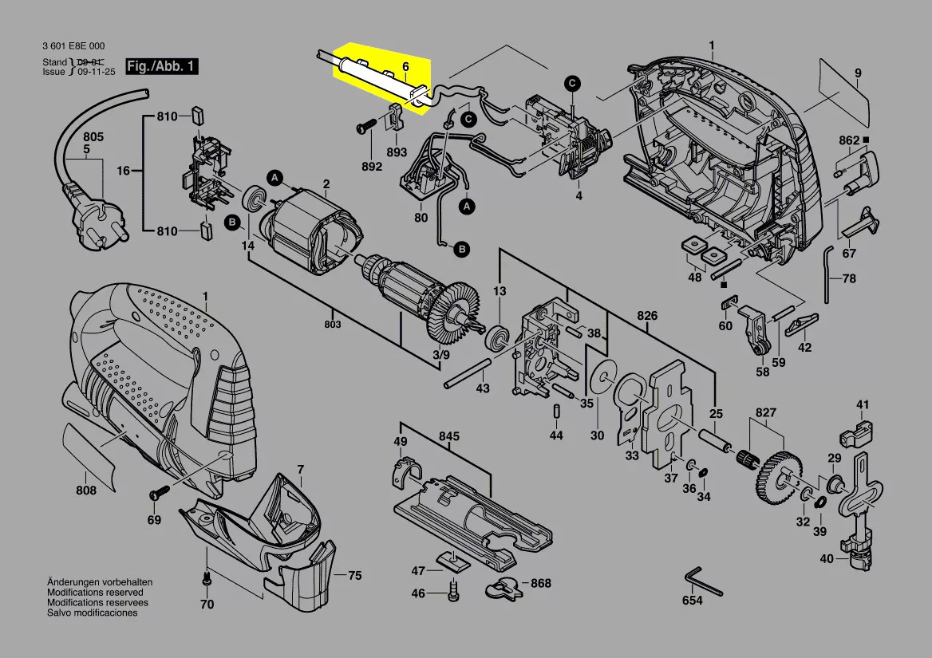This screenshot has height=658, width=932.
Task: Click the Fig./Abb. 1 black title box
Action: click(x=162, y=66)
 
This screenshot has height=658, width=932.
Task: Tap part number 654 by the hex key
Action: click(x=693, y=601)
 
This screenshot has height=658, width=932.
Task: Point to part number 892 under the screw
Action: click(x=372, y=167)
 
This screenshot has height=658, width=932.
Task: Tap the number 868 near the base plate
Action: click(x=540, y=583)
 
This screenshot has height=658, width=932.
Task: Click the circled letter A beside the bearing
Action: click(x=274, y=177)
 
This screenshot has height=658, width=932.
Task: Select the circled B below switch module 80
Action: click(x=462, y=249)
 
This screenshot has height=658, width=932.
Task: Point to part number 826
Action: click(x=646, y=315)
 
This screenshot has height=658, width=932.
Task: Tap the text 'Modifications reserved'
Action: click(x=95, y=593)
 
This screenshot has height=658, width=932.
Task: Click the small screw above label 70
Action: click(x=207, y=577)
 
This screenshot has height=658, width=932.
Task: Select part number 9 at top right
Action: click(x=858, y=73)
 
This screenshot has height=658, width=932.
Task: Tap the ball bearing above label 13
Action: click(x=497, y=337)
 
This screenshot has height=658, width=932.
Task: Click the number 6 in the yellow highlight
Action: click(x=405, y=66)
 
